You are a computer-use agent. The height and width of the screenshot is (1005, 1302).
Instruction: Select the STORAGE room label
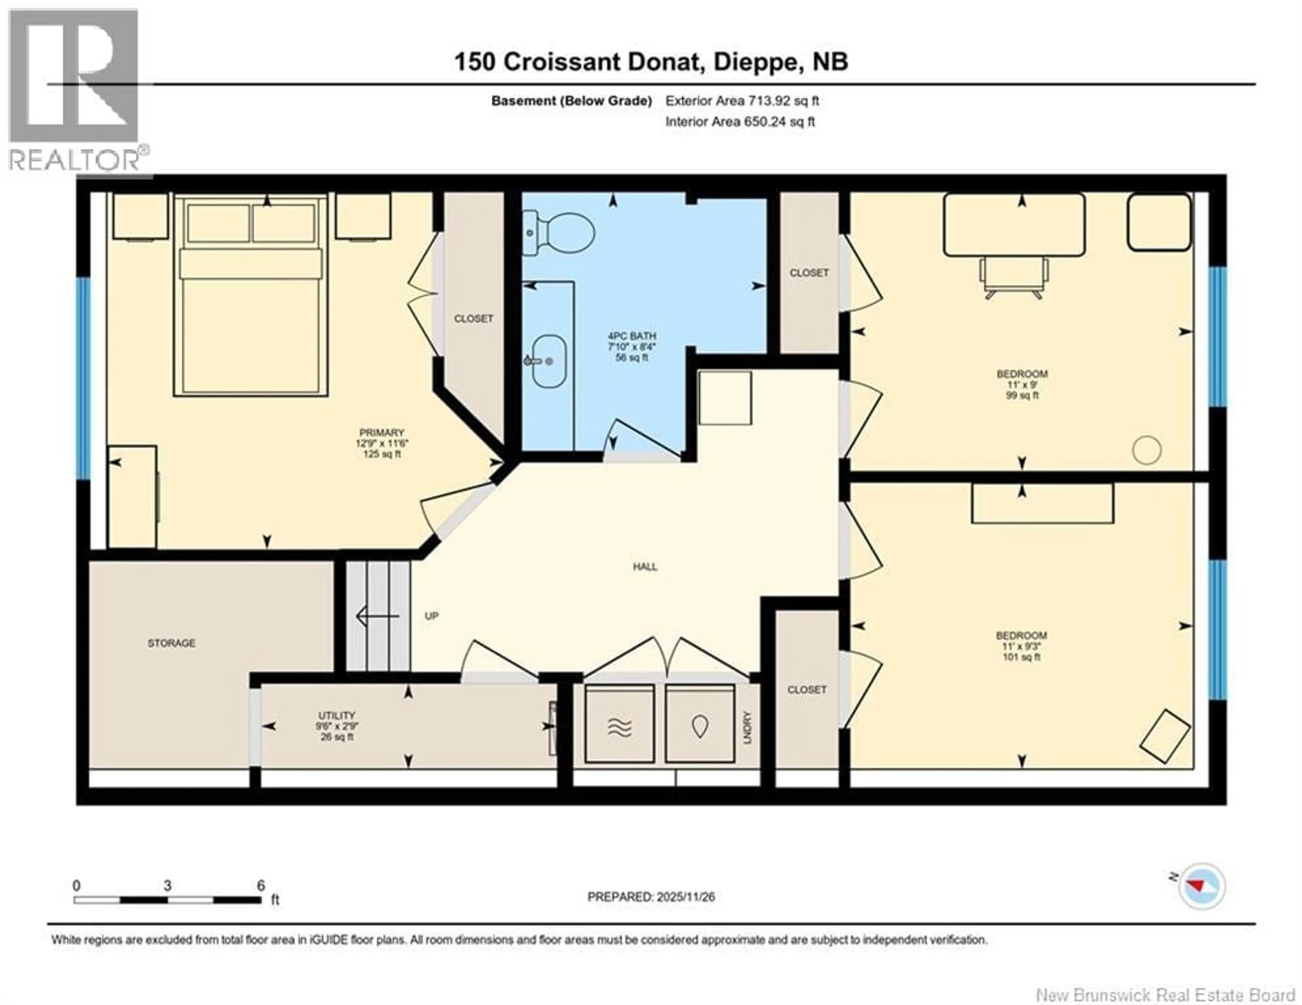(x=172, y=643)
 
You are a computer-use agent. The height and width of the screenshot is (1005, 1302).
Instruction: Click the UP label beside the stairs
(x=432, y=616)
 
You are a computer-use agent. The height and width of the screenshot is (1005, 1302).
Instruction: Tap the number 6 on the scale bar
(x=260, y=886)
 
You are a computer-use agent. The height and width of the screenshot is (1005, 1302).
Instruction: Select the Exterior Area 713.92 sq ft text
(x=742, y=101)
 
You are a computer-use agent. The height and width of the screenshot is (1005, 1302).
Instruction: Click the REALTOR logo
(x=75, y=90)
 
